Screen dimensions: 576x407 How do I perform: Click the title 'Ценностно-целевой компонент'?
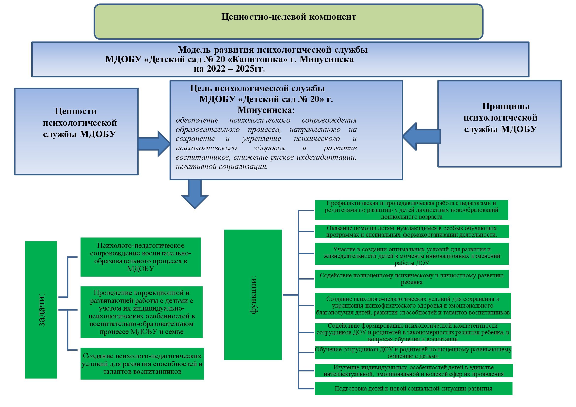click(288, 17)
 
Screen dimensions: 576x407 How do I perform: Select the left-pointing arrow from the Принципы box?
click(421, 136)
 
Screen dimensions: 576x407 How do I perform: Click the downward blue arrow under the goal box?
click(195, 194)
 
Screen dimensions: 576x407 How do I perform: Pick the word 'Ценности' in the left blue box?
click(76, 111)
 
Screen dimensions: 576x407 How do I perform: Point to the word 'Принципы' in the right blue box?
click(506, 106)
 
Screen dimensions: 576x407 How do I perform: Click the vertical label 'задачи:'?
click(41, 310)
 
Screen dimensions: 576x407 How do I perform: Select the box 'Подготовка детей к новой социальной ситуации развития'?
click(414, 389)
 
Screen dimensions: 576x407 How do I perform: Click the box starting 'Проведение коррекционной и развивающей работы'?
click(142, 312)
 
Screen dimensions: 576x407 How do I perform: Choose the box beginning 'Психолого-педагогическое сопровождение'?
click(141, 257)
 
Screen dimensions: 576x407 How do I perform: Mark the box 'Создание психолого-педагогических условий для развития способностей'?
click(142, 364)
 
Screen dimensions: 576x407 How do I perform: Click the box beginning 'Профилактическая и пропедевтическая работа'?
click(412, 210)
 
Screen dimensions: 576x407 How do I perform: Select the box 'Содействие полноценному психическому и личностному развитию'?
click(412, 279)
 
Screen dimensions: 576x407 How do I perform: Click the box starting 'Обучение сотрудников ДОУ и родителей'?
click(413, 353)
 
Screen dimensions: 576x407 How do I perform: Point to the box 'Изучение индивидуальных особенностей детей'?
click(414, 371)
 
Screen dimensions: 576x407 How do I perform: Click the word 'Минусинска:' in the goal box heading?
click(266, 110)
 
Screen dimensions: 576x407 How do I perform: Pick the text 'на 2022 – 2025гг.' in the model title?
click(229, 68)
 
